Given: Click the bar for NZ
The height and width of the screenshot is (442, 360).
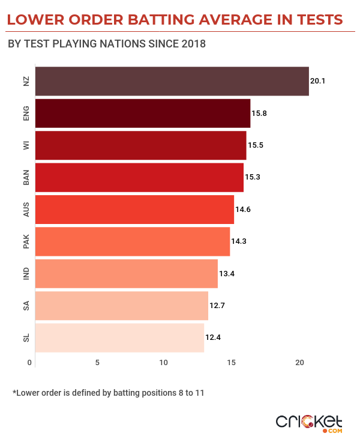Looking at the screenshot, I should coord(172,82).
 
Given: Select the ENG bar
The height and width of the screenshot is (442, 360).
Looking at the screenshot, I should coord(143,114).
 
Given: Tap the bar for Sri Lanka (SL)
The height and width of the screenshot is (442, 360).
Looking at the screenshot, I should coord(120,337).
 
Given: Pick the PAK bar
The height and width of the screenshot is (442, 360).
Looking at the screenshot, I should coord(133,241).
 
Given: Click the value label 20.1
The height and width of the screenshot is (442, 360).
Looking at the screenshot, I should coord(317,81).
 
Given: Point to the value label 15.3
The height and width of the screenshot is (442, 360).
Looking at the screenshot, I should coord(252,177).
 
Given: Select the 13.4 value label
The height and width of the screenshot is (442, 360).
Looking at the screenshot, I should coord(226,273).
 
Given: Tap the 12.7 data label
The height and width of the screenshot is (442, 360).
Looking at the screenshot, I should coord(217,305).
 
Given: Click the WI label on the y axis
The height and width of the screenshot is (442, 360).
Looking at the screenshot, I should coord(26,145).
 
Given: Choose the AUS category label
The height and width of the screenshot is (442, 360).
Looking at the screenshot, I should coord(26,210).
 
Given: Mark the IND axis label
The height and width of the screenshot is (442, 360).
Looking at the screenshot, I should coord(26,273).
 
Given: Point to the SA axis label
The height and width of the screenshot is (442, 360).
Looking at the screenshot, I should coord(26,305).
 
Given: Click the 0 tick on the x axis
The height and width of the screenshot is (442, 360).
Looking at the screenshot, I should coord(29,362).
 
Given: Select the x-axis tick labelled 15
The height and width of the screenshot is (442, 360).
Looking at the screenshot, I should coord(231,362).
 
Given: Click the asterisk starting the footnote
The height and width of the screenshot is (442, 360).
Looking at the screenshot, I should coord(14,393).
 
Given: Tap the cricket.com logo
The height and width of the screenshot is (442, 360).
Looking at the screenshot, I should coord(309,422).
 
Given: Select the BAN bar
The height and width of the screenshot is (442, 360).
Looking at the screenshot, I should coord(140,177).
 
